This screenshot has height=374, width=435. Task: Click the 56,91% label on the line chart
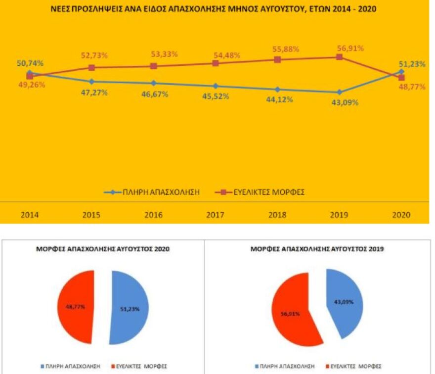350,48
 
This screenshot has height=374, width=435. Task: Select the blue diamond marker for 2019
339,93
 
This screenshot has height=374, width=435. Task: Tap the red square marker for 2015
91,67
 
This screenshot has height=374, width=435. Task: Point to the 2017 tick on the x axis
216,215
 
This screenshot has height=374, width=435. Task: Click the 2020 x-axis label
401,215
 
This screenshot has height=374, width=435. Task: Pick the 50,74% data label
29,63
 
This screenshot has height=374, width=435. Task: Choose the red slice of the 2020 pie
76,307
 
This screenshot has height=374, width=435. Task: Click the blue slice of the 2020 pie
129,308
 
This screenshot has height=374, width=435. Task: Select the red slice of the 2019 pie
295,312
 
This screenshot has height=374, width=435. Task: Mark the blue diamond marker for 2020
401,72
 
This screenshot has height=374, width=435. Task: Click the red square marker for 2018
277,59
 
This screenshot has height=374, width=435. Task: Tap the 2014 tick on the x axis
30,215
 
